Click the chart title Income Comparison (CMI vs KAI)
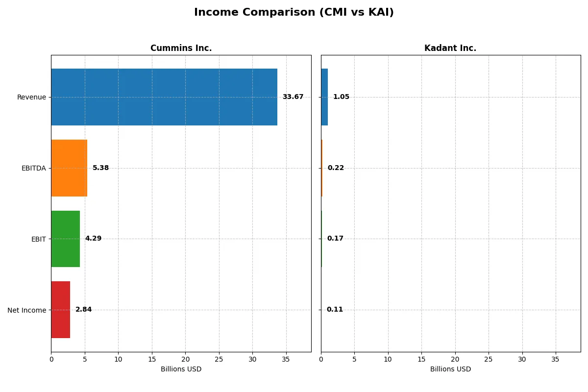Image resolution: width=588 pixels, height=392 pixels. (294, 13)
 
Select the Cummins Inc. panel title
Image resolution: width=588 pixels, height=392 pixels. (181, 48)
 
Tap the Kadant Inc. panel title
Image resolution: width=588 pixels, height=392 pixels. (450, 48)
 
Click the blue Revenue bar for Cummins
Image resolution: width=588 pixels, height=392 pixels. (164, 97)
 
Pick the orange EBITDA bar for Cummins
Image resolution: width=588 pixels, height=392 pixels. (69, 168)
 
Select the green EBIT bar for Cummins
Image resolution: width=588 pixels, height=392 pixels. (65, 239)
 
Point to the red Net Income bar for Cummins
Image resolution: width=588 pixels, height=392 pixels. (60, 310)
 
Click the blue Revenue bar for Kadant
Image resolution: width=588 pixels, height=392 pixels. (324, 97)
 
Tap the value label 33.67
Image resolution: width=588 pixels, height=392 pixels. (293, 97)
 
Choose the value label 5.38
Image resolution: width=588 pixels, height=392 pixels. (100, 168)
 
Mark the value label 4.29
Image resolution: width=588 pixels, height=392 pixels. (93, 239)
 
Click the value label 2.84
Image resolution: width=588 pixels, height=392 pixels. (83, 310)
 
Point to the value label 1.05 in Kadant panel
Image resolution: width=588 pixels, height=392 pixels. (341, 97)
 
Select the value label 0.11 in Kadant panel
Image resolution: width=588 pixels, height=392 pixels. (335, 310)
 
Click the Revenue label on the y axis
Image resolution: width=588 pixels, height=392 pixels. (31, 97)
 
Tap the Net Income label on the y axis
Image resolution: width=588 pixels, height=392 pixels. (26, 310)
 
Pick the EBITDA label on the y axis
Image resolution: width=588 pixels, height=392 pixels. (33, 168)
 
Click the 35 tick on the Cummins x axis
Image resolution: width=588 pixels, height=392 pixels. (286, 359)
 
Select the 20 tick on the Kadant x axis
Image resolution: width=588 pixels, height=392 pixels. (455, 359)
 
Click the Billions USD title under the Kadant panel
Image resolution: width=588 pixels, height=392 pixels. (450, 369)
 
